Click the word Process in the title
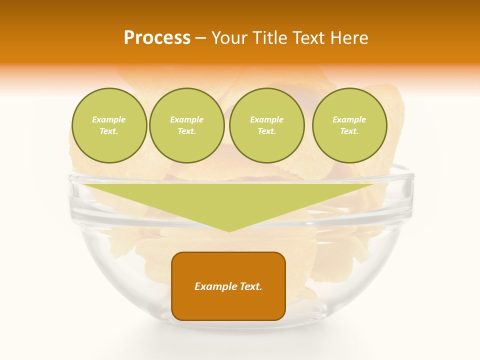tap(157, 38)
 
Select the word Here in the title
tap(348, 38)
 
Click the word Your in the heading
tap(229, 38)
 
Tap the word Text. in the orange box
tap(251, 286)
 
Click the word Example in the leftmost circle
tap(109, 119)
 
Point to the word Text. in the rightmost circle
tap(349, 131)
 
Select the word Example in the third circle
tap(266, 119)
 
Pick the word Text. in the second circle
tap(186, 131)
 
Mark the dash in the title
tap(200, 38)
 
